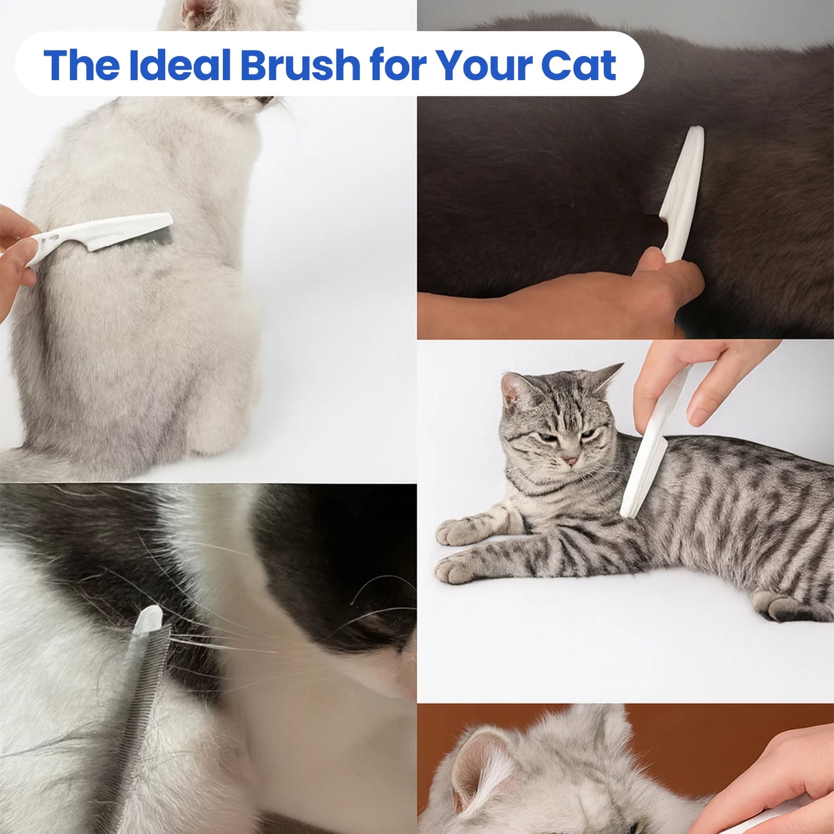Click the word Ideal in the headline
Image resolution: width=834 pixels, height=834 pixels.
(x=179, y=65)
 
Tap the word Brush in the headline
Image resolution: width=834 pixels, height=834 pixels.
(x=300, y=65)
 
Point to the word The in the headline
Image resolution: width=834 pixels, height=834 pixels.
(x=81, y=65)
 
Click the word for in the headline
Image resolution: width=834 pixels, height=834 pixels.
(x=398, y=65)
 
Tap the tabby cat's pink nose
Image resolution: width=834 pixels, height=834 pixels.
(x=570, y=461)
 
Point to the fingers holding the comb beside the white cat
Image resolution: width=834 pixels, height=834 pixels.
(x=14, y=254)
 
